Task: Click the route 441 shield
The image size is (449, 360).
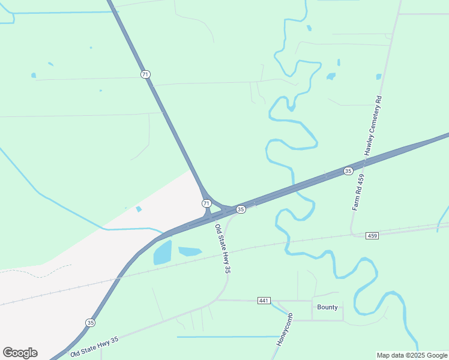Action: coord(264,300)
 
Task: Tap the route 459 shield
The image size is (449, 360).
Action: coord(372,236)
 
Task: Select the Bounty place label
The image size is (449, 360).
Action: coord(327,307)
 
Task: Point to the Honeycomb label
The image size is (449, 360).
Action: coord(284,329)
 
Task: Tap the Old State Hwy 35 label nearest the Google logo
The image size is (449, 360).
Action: coord(94,347)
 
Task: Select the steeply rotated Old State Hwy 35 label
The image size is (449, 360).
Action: coord(223,249)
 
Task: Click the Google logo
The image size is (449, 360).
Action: coord(20,353)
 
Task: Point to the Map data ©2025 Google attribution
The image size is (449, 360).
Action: coord(412,355)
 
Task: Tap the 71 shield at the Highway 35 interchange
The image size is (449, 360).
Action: coord(206,203)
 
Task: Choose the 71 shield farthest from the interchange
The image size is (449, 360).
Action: coord(145,74)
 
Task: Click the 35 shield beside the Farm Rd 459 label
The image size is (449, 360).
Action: coord(348,171)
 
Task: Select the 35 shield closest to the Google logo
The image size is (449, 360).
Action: coord(90,322)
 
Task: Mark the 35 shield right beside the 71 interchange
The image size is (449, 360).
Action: coord(241,209)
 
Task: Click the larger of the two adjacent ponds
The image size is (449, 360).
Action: coord(163,253)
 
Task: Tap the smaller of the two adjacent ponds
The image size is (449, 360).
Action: coord(190,251)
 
